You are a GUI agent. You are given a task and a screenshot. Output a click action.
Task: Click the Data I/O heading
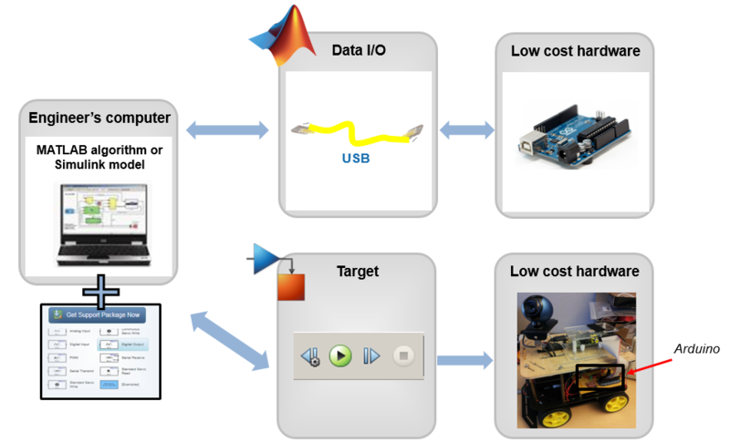coord(358,50)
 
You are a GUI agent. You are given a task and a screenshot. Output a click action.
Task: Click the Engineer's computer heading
coord(99,118)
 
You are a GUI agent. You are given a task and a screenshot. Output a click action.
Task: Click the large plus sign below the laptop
coord(99,289)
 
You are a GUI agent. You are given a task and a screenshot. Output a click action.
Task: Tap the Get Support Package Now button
coord(103,314)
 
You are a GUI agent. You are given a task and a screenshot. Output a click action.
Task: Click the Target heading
coord(358,271)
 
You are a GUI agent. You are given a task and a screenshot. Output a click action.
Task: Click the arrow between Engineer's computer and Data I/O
coord(223,131)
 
